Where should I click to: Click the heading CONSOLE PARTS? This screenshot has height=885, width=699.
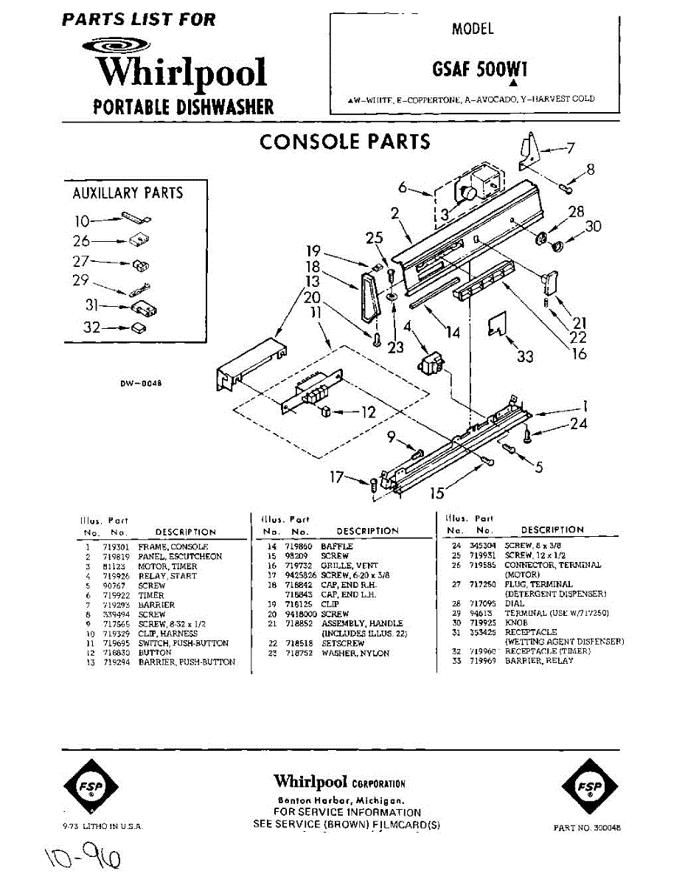coord(344,141)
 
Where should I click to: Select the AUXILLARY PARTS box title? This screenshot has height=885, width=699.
coord(128,193)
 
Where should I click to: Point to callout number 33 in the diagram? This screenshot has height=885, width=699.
coord(525,357)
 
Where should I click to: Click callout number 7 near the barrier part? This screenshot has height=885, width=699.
coord(570,147)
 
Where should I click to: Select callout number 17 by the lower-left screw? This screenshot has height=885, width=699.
coord(336,477)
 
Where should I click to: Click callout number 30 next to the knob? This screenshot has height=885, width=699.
coord(594,226)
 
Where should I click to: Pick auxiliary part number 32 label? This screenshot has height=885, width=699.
coord(91,327)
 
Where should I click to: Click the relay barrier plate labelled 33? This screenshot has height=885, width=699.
coord(498,324)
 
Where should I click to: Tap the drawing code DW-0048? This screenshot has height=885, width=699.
coord(140,383)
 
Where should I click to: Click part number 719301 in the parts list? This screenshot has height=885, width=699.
coord(114,547)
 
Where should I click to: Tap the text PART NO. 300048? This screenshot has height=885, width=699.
coord(587,828)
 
